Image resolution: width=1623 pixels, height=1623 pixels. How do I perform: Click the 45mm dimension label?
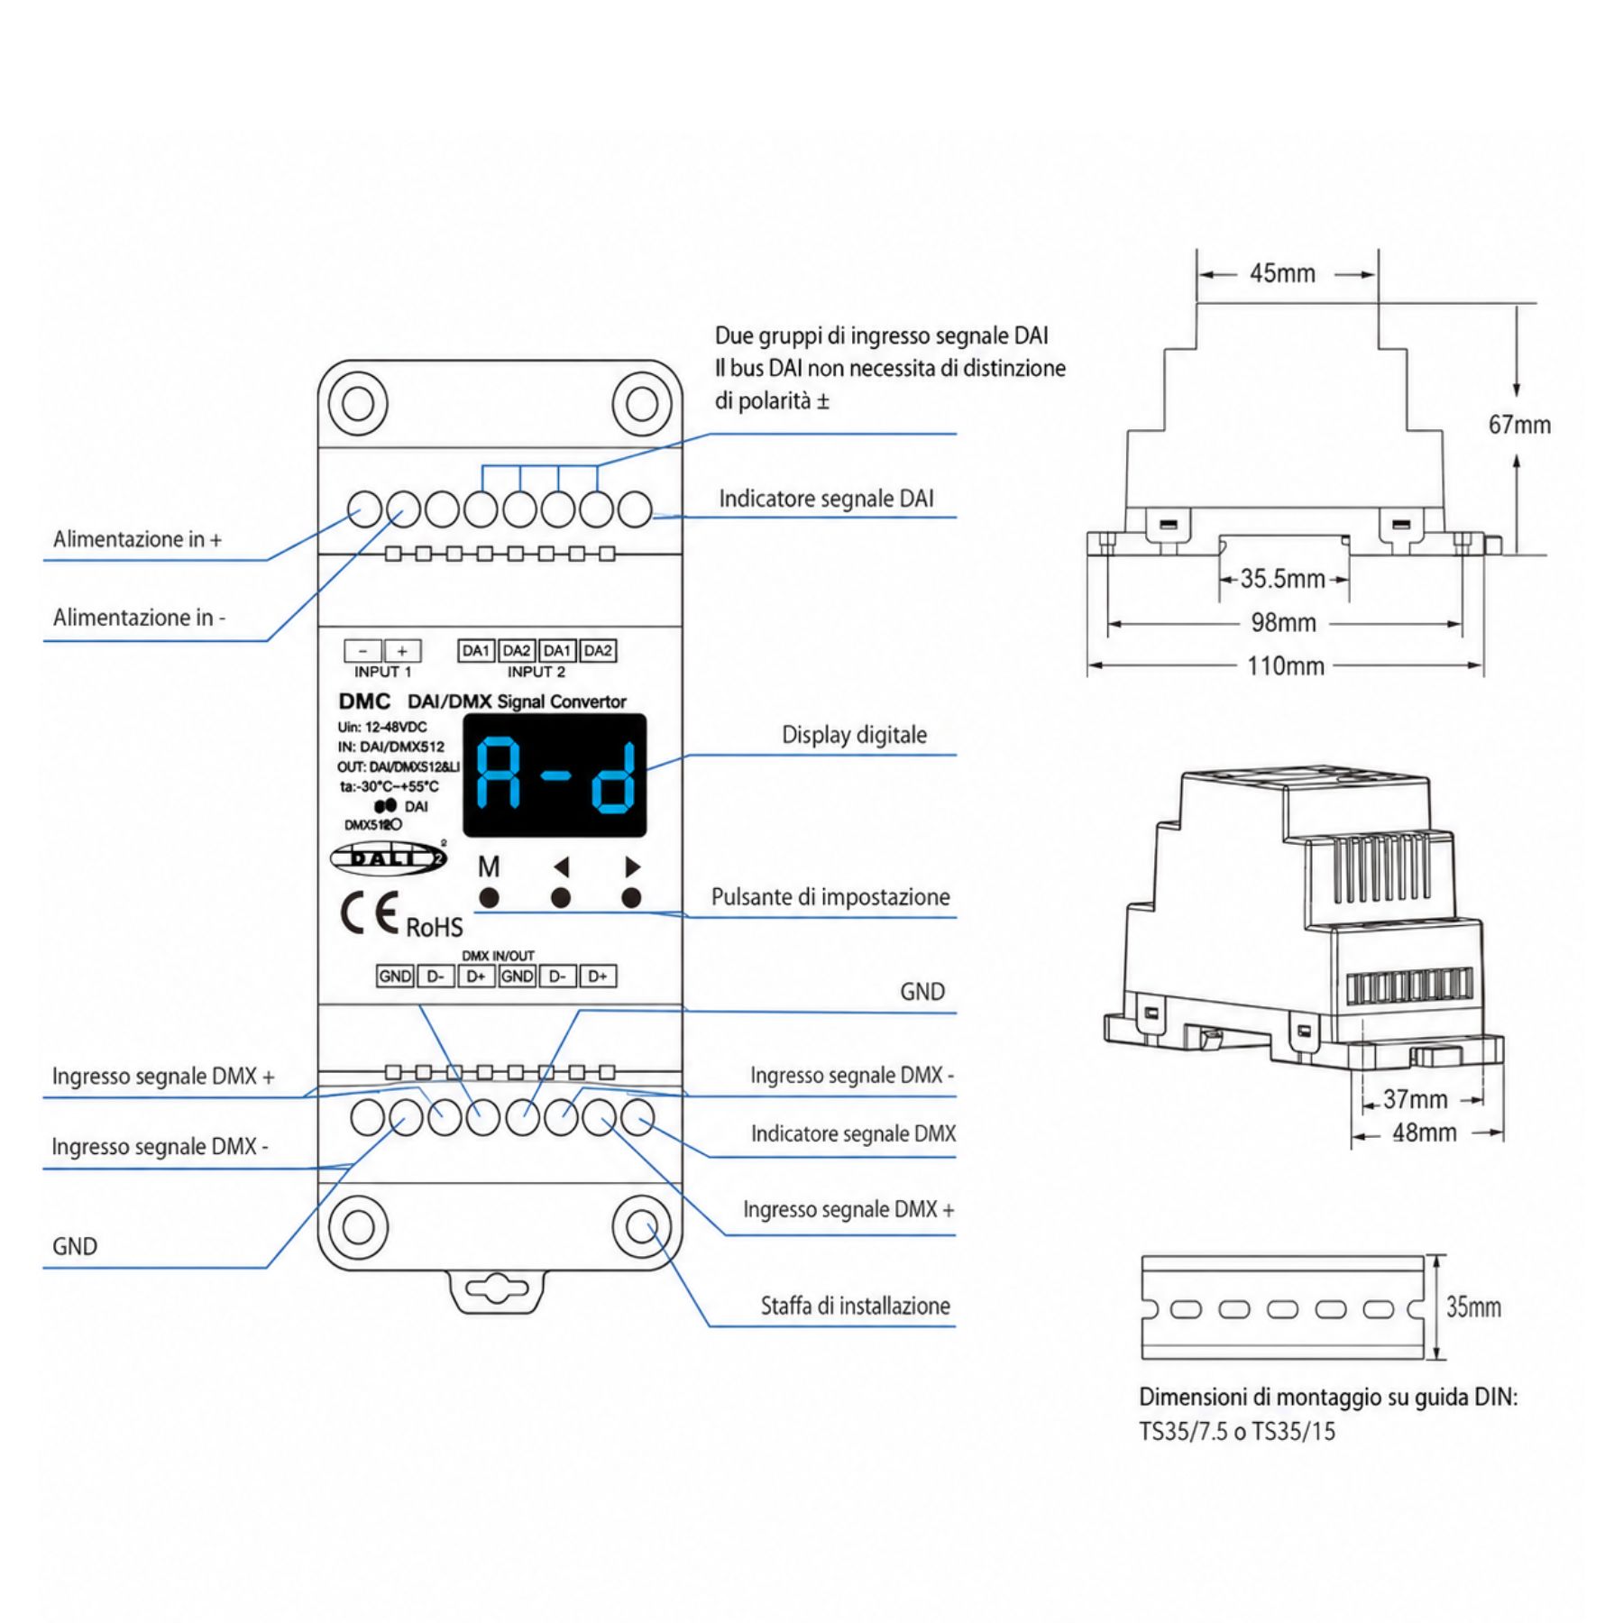pos(1281,273)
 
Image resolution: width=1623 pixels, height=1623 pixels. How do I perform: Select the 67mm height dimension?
pos(1519,425)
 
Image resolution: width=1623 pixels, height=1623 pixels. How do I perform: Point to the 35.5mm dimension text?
pos(1282,578)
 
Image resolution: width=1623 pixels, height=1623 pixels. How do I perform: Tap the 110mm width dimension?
pos(1285,666)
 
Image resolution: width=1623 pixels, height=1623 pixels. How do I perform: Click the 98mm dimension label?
pos(1283,622)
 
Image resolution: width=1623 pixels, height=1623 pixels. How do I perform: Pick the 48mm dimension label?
pos(1424,1132)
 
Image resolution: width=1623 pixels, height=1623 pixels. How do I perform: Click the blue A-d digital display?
pos(555,775)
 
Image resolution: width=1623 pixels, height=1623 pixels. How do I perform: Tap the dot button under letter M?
pos(489,898)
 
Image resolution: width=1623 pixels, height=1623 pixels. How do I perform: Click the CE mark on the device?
pos(369,914)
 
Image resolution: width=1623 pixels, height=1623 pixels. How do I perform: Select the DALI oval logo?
pos(388,857)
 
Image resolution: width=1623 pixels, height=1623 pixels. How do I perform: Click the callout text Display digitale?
pos(854,735)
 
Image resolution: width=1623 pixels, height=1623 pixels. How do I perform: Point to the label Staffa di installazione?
pos(855,1306)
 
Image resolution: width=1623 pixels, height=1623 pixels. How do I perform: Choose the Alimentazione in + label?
pos(137,539)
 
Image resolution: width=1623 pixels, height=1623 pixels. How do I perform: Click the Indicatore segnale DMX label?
pos(853,1133)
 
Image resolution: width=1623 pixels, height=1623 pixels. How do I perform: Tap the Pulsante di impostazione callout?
pos(830,897)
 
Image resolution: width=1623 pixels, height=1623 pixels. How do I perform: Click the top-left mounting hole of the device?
pos(358,403)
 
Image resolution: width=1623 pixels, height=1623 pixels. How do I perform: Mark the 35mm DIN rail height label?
pos(1474,1307)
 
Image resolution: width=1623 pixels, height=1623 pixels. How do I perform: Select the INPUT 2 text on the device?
pos(536,672)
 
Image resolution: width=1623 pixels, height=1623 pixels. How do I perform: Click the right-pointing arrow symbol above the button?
pos(633,867)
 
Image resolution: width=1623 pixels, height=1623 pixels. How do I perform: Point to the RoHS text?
pos(435,927)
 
